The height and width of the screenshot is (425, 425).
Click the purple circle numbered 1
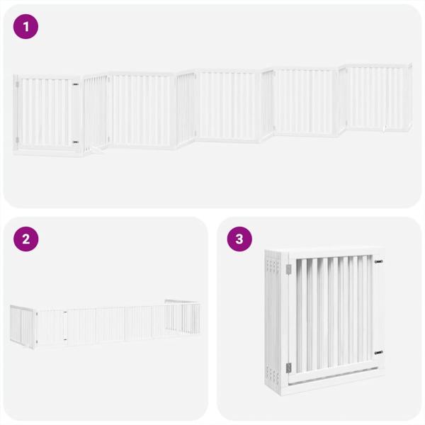[26, 27]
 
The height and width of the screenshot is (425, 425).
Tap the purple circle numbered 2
[26, 239]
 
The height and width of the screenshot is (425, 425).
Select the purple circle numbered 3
[239, 239]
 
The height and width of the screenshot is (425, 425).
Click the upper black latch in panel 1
[75, 85]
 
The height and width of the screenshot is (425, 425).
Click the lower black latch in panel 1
[75, 142]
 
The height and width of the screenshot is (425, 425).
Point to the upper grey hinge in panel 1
[17, 84]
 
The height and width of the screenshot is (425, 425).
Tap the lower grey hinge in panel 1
[17, 140]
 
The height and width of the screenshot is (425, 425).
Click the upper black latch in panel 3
[378, 262]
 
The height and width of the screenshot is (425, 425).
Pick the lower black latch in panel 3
[379, 353]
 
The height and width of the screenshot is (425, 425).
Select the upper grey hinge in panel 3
[288, 269]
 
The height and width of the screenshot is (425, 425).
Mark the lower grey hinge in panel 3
[288, 368]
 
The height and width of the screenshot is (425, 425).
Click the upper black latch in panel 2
[65, 312]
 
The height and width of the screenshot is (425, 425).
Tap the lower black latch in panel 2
[65, 339]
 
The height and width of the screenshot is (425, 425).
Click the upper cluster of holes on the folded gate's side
[272, 266]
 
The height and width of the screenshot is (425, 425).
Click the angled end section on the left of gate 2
[22, 327]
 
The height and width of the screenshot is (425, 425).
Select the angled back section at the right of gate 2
[183, 317]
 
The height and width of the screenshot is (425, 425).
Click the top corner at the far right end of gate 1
[411, 64]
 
